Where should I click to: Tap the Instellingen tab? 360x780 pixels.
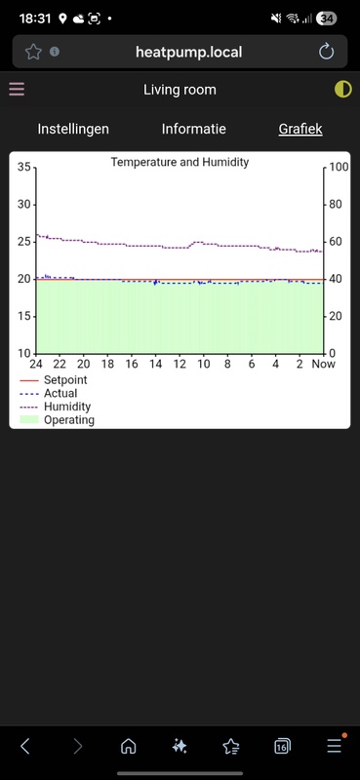tap(73, 129)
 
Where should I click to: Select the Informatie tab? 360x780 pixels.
tap(193, 129)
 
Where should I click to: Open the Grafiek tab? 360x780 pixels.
tap(300, 129)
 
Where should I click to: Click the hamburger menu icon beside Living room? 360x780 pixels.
tap(17, 90)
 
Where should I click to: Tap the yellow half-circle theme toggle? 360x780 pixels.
tap(342, 90)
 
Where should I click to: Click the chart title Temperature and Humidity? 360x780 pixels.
tap(180, 162)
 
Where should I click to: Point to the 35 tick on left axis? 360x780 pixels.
tap(24, 168)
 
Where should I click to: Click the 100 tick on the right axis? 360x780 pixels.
tap(338, 168)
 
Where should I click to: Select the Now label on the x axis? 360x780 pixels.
tap(323, 365)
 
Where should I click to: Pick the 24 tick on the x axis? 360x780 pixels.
tap(36, 365)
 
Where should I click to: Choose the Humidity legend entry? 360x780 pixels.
tap(67, 407)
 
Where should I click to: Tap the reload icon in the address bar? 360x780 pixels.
tap(327, 52)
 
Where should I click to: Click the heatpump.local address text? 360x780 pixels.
tap(188, 52)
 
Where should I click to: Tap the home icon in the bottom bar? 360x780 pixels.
tap(128, 746)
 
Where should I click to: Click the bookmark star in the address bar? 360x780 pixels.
tap(32, 52)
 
